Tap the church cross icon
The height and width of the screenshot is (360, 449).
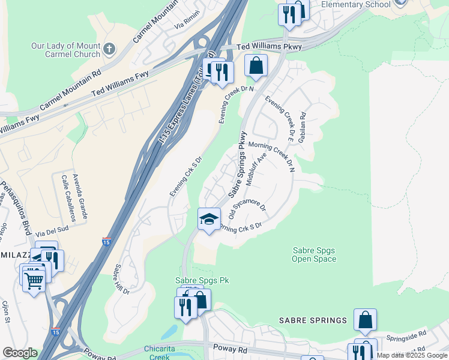point(108,47)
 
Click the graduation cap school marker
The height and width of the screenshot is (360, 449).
point(209,220)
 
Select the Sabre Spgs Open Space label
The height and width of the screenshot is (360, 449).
point(314,255)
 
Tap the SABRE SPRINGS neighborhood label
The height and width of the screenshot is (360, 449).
point(313,320)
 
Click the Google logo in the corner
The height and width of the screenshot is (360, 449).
point(20,352)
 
